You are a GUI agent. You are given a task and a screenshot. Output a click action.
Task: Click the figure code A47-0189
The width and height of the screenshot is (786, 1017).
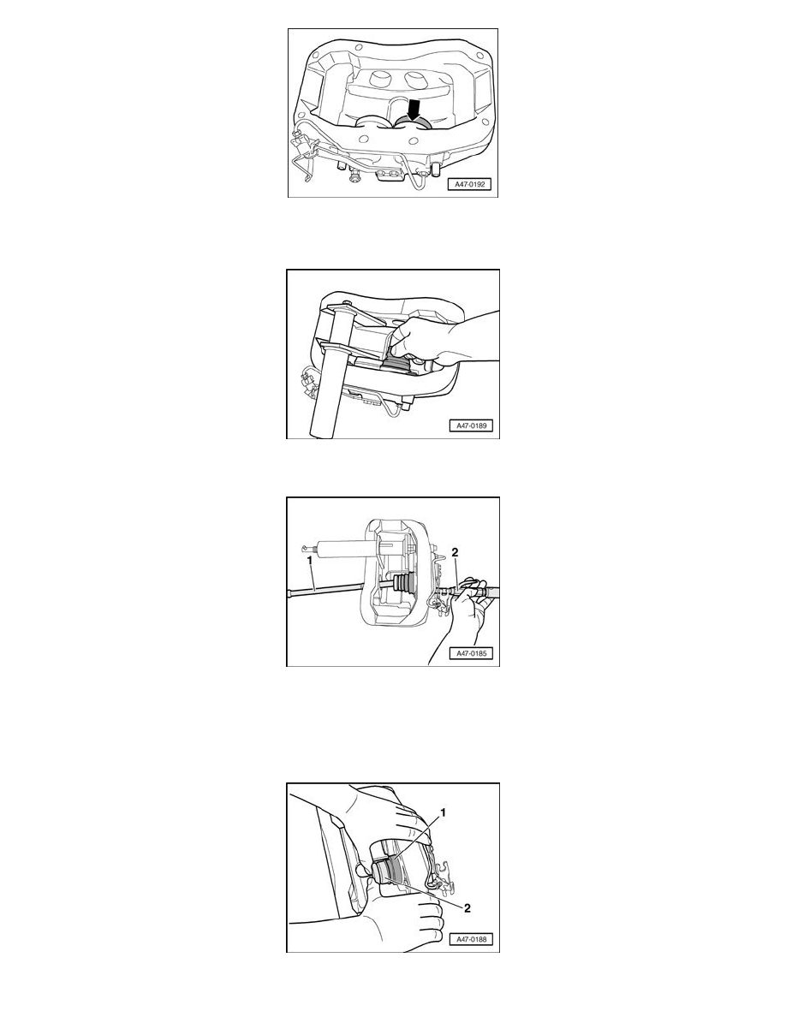click(x=472, y=426)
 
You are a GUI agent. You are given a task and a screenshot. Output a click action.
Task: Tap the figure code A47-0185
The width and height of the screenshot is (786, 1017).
click(x=472, y=653)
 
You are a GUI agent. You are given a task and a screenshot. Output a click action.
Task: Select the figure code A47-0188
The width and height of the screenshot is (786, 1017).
click(x=472, y=938)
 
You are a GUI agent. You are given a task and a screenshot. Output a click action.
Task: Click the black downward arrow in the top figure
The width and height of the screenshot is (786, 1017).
click(x=413, y=110)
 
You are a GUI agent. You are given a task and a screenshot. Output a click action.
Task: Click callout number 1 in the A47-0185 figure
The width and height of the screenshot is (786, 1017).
click(x=310, y=558)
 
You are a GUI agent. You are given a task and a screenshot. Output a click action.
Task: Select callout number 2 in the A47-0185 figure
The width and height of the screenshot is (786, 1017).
click(x=455, y=553)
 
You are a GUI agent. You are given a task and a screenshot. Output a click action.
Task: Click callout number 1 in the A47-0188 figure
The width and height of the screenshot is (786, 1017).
click(x=443, y=812)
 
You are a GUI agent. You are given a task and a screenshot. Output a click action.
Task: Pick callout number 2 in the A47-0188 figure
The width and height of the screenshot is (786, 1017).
click(x=467, y=908)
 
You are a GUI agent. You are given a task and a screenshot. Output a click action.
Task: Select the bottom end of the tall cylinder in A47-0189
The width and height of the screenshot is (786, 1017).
click(x=326, y=435)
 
